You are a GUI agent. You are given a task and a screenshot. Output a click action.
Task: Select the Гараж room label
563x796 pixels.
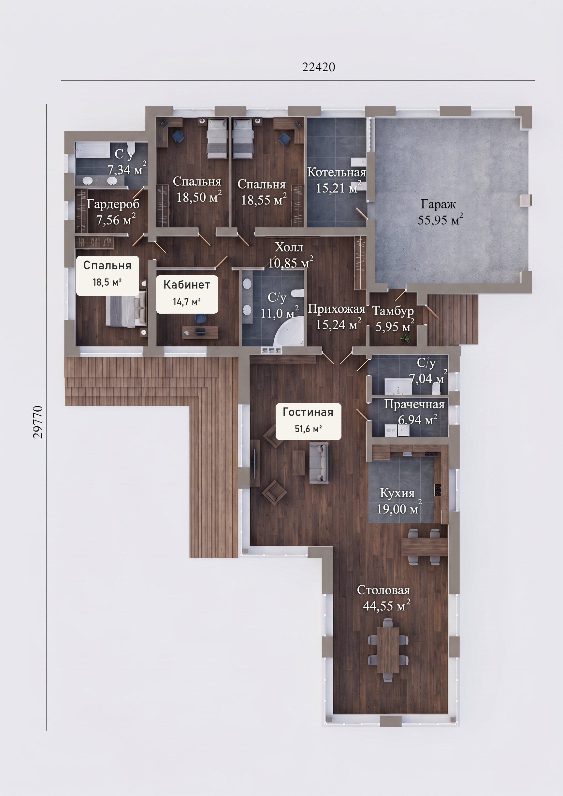click(438, 204)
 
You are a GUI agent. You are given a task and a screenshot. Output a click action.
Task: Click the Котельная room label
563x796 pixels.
click(337, 172)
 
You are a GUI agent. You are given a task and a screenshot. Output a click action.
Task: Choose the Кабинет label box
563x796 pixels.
click(187, 294)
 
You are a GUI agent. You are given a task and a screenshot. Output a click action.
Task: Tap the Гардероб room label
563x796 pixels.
click(113, 204)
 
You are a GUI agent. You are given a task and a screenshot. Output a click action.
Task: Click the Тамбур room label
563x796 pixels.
click(393, 311)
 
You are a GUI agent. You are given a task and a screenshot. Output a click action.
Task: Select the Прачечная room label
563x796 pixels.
click(414, 404)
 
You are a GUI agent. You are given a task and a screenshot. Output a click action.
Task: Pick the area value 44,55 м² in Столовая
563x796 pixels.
click(386, 606)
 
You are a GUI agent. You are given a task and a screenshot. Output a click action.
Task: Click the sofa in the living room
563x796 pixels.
click(318, 462)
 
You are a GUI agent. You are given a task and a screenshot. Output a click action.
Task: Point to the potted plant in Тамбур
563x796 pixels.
click(405, 337)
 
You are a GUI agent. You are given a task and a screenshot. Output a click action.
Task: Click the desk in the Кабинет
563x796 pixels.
click(200, 332)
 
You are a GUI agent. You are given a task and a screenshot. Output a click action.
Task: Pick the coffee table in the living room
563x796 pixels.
click(298, 463)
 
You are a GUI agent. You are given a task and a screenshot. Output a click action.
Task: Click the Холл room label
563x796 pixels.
click(289, 247)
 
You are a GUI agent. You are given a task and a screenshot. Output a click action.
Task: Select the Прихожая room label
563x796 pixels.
click(337, 308)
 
